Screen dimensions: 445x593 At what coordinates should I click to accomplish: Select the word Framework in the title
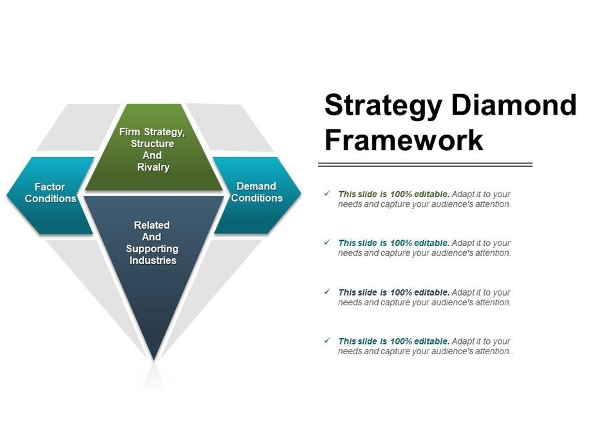(x=404, y=140)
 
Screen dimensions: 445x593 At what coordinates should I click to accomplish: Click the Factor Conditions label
(x=50, y=193)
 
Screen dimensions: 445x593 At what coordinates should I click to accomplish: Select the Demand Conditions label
(x=256, y=192)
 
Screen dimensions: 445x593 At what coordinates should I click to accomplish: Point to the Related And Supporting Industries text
(x=152, y=243)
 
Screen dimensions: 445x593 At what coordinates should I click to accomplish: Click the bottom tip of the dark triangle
(x=154, y=357)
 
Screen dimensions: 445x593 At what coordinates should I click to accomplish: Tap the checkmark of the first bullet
(x=327, y=193)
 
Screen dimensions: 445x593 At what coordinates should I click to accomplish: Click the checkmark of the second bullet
(x=327, y=242)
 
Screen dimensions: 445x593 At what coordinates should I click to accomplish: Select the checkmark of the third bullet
(x=327, y=292)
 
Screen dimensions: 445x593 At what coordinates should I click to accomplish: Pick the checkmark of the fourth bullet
(x=327, y=341)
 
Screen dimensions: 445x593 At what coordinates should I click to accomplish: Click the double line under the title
(x=426, y=165)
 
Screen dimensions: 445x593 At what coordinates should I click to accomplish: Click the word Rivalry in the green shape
(x=153, y=167)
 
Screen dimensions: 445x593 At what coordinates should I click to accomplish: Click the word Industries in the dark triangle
(x=153, y=261)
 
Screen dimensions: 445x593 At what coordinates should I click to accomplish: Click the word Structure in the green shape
(x=153, y=144)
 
